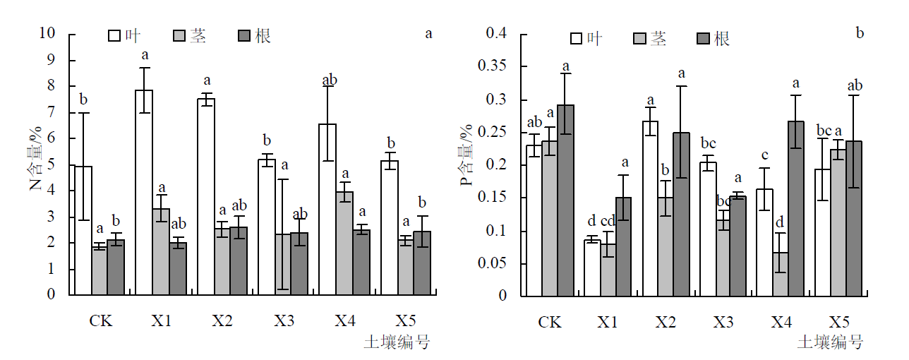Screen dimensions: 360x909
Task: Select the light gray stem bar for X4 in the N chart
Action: click(x=344, y=243)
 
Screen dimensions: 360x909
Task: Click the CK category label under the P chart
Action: click(x=550, y=323)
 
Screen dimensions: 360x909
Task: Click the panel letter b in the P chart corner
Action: click(x=860, y=32)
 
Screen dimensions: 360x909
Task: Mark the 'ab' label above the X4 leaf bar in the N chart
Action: click(x=329, y=80)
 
